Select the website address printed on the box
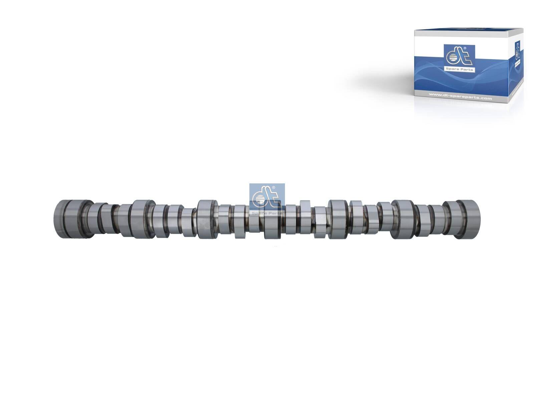(x=460, y=98)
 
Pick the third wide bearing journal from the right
(x=338, y=219)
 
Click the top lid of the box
(x=467, y=33)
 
